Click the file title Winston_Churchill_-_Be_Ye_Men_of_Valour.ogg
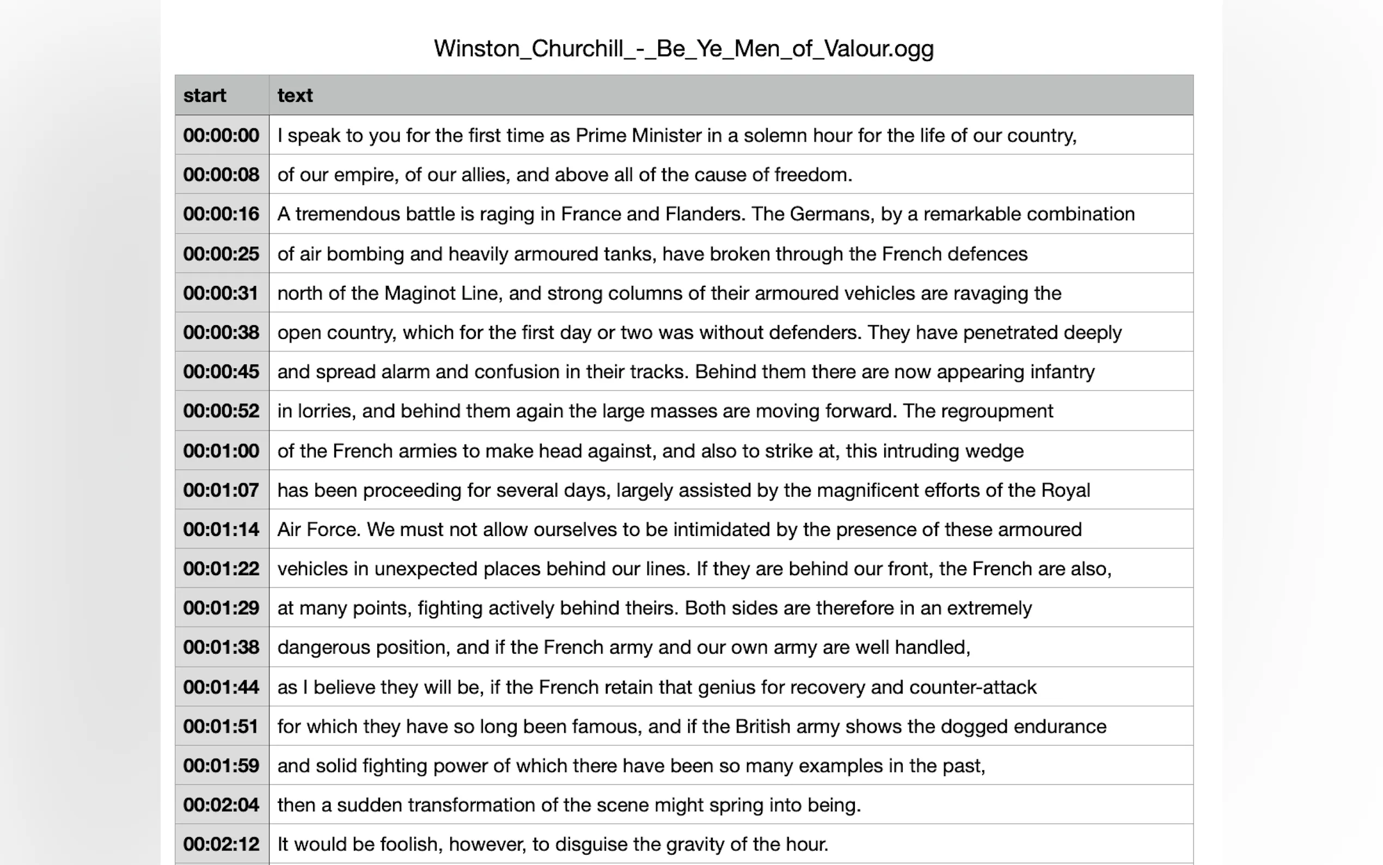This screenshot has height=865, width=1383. click(683, 48)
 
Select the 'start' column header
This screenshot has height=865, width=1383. click(205, 95)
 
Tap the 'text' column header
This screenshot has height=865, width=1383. click(295, 95)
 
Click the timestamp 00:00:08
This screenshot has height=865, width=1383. click(221, 174)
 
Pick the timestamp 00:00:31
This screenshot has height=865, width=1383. click(221, 293)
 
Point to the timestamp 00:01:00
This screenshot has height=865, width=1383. click(221, 451)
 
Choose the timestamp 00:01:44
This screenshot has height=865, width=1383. click(221, 687)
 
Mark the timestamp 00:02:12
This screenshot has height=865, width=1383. click(221, 844)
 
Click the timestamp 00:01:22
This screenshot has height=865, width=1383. click(221, 569)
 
